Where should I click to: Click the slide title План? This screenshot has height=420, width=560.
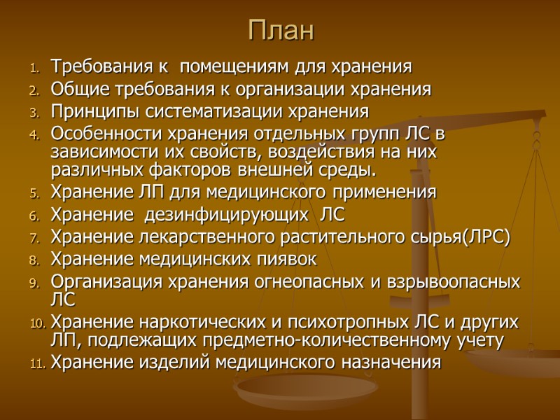pos(282,31)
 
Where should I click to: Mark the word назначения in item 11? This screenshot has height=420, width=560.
pos(391,362)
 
